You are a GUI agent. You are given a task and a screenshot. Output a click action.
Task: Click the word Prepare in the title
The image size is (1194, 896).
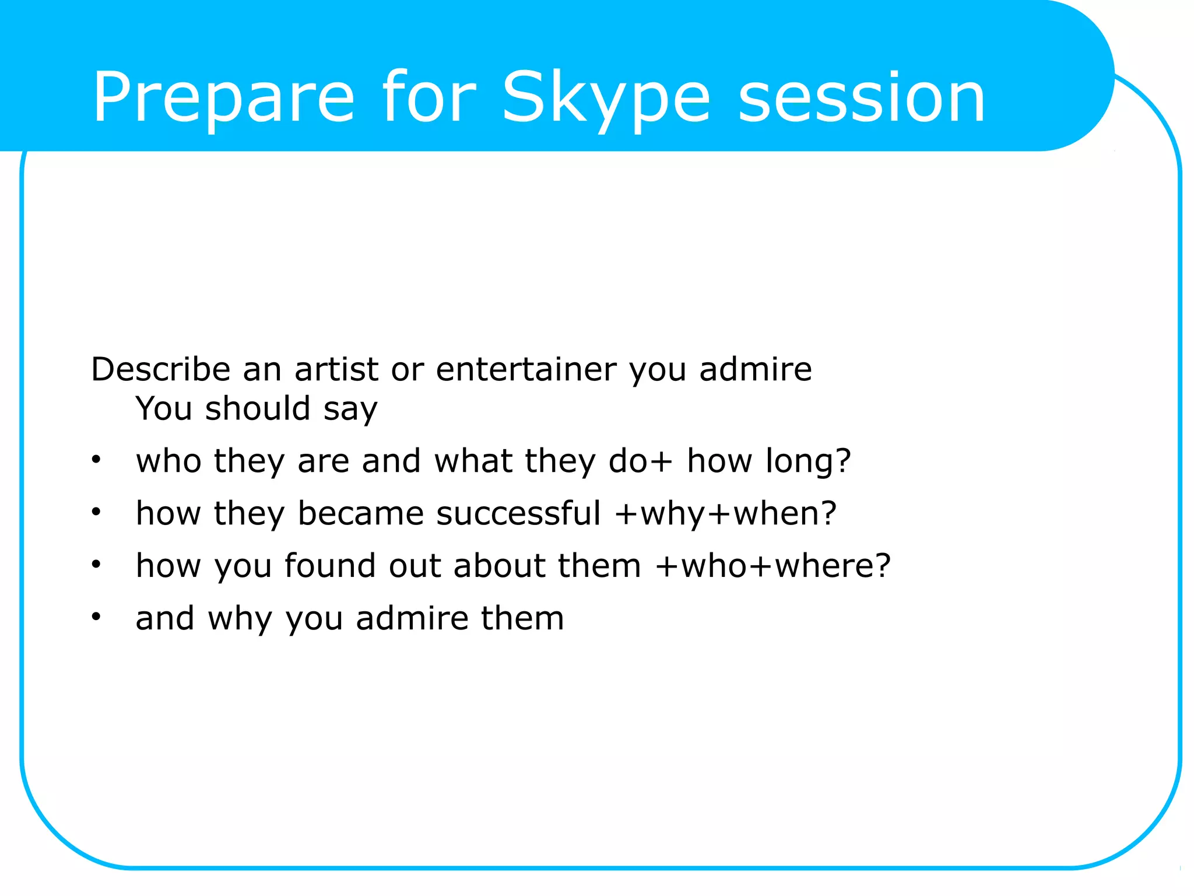click(x=223, y=98)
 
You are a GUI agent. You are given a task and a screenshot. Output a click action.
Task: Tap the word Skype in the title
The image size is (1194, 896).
click(x=606, y=98)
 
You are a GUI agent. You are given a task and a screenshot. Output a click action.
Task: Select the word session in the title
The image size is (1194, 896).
click(x=862, y=98)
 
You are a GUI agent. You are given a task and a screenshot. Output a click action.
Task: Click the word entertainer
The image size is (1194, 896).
click(x=526, y=369)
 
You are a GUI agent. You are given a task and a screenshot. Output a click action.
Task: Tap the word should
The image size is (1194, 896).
click(x=258, y=408)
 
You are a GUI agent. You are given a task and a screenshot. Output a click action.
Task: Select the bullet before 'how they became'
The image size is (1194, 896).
click(x=96, y=512)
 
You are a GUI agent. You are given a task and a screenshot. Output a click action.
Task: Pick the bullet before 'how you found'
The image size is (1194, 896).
click(x=96, y=565)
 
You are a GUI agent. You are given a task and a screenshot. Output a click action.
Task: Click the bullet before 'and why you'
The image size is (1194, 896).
click(x=96, y=617)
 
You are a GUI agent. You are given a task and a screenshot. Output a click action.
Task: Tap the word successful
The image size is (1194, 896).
click(x=518, y=513)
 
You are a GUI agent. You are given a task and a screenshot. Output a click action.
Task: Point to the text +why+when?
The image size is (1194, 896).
click(x=726, y=514)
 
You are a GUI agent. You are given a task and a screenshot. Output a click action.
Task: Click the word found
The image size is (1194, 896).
click(x=330, y=566)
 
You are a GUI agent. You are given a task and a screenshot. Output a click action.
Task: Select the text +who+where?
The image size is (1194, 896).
click(x=773, y=566)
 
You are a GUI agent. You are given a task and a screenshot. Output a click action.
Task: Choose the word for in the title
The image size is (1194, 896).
click(x=429, y=98)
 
